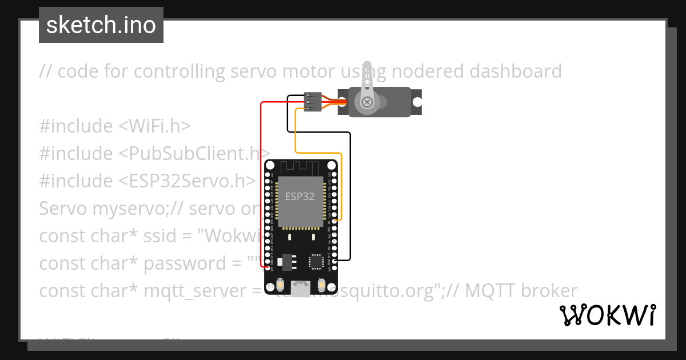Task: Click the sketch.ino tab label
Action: pyautogui.click(x=101, y=25)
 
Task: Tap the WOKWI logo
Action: pyautogui.click(x=607, y=315)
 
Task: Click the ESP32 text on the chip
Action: pyautogui.click(x=300, y=197)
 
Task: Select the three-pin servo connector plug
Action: pyautogui.click(x=313, y=102)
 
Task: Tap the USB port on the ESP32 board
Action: pyautogui.click(x=300, y=289)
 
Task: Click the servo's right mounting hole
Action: pyautogui.click(x=417, y=102)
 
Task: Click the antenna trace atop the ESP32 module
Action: pyautogui.click(x=301, y=168)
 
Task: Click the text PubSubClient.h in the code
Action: pyautogui.click(x=194, y=154)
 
